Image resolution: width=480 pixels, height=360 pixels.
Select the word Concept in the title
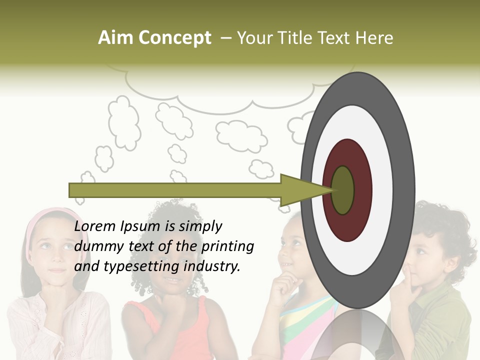point(174,38)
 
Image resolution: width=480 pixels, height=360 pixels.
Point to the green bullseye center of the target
point(343,190)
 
